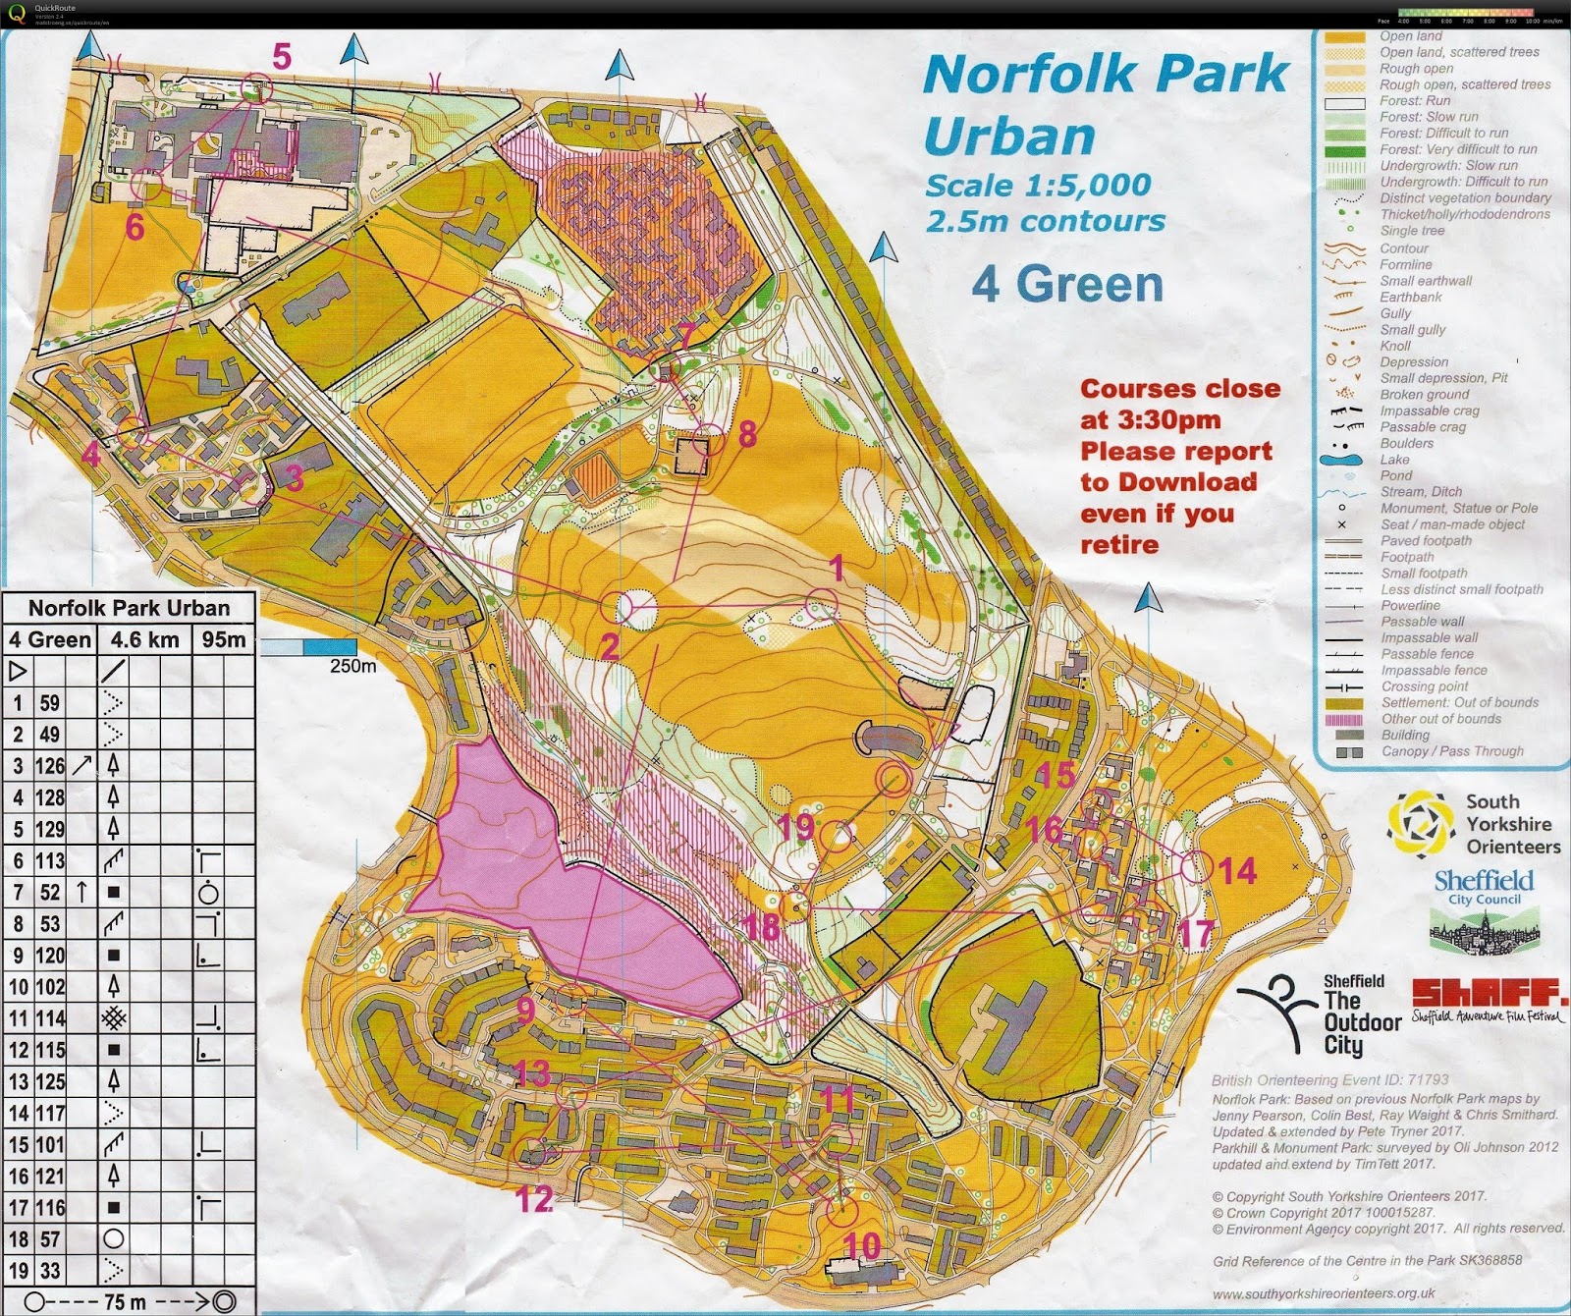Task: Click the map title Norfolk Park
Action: [1105, 75]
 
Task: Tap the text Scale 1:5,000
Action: [1037, 185]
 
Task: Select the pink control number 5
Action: [282, 57]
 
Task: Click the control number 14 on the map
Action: [1237, 870]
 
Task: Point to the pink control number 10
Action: [862, 1246]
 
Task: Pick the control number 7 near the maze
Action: [686, 334]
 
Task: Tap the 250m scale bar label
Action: [352, 666]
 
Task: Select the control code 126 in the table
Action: [50, 766]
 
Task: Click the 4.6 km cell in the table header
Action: [144, 640]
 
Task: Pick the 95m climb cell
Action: [224, 640]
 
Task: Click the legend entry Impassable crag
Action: [1429, 411]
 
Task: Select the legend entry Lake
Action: [1394, 460]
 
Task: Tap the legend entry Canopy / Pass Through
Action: [1451, 751]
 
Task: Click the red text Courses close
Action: [1179, 389]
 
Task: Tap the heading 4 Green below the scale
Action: [1067, 285]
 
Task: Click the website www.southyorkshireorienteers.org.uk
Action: [1323, 1293]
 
